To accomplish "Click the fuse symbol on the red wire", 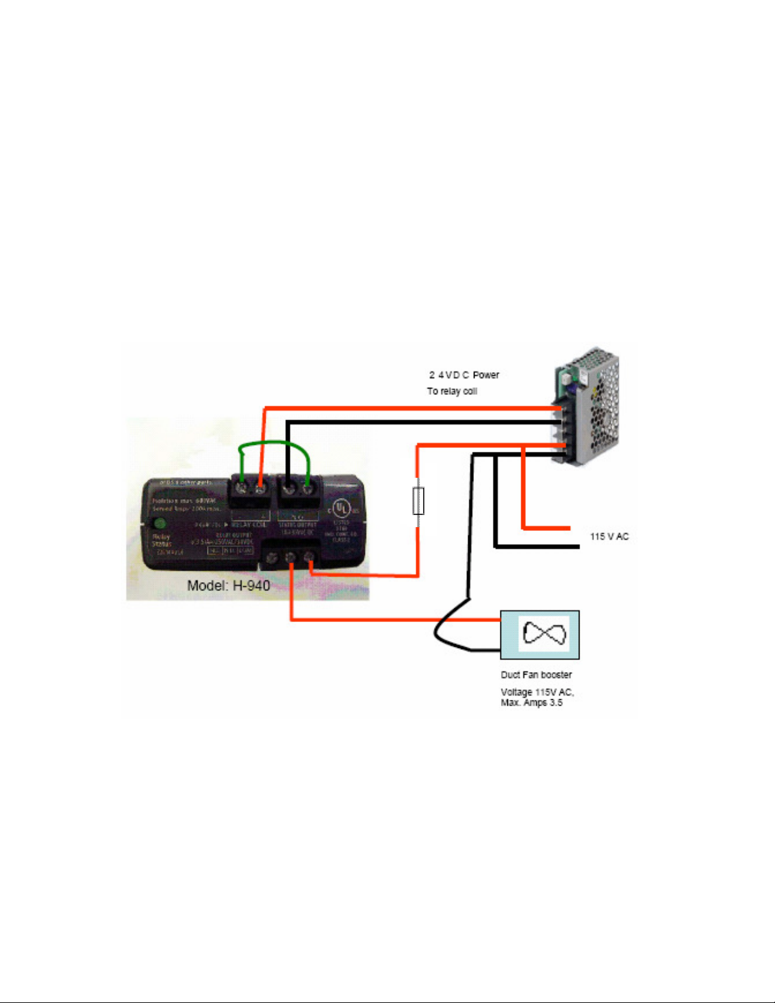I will (418, 501).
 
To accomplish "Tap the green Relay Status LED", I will (160, 523).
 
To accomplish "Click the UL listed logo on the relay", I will (342, 508).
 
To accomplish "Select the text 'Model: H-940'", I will (228, 585).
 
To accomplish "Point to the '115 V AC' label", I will (609, 537).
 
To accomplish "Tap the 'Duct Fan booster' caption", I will (536, 675).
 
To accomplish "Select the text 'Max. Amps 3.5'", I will (531, 703).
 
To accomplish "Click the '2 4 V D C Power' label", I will (464, 375).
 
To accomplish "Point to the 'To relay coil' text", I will (452, 391).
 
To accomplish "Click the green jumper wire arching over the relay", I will (273, 445).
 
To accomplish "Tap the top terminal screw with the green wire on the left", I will (241, 489).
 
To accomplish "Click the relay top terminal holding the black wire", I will (288, 489).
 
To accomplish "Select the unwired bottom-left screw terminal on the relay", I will (272, 559).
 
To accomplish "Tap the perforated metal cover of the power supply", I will (601, 411).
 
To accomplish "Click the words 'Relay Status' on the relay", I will (161, 540).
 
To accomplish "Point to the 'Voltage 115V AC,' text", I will (537, 692).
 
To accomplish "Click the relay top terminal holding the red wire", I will (260, 489).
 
